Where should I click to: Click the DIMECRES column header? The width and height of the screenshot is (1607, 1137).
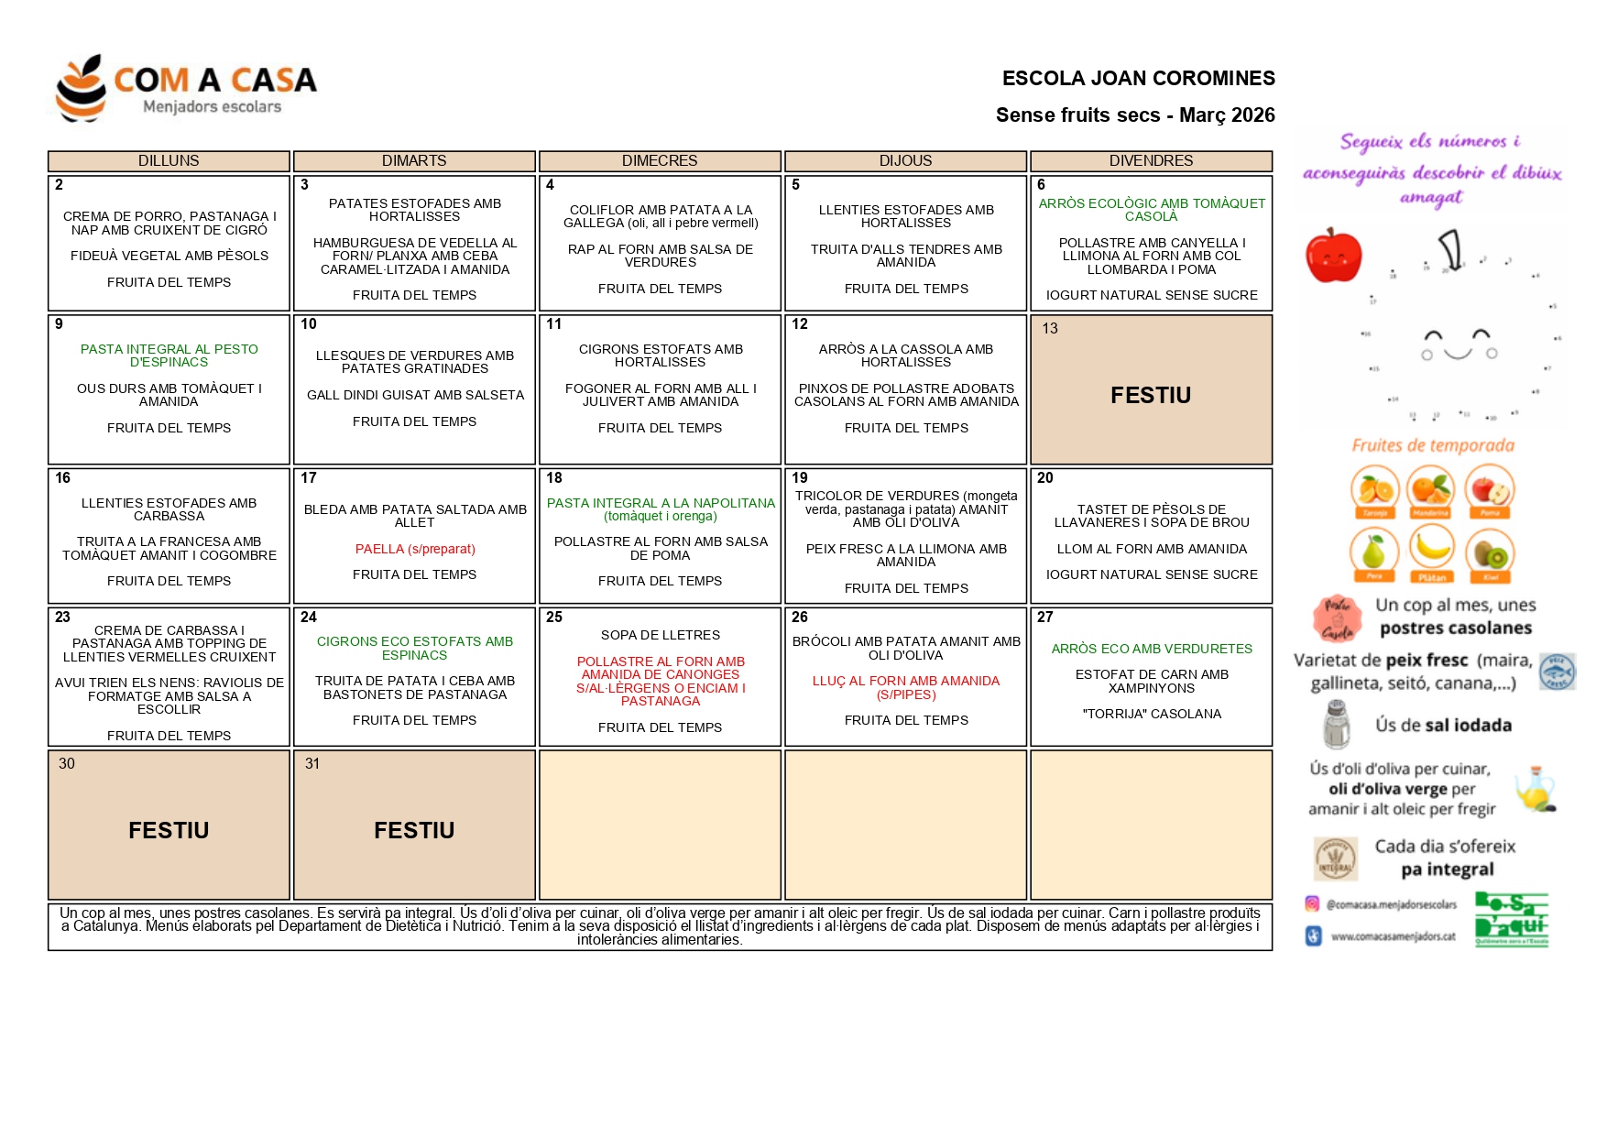(660, 160)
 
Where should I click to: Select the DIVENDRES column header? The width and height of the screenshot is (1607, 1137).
(1151, 160)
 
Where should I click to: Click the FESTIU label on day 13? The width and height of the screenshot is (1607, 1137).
(1151, 395)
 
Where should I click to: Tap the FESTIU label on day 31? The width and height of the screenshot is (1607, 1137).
(414, 830)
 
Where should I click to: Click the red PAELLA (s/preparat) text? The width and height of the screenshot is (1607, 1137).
(415, 549)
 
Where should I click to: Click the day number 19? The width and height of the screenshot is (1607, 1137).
(800, 477)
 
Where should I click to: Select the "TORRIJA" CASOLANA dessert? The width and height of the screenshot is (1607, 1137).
(1152, 714)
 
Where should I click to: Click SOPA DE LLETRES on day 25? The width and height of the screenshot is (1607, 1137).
(661, 635)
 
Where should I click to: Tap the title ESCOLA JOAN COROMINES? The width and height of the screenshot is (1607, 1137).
(1138, 79)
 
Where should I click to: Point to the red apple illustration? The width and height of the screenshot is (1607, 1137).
(1333, 256)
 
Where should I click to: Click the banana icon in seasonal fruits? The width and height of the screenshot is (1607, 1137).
(1431, 551)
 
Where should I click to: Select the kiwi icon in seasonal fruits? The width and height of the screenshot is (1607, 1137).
(1490, 552)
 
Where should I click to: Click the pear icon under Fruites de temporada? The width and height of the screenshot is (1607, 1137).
(1373, 552)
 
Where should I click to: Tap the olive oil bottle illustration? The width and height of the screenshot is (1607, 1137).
(1536, 789)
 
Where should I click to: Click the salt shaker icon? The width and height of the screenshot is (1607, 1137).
(1337, 725)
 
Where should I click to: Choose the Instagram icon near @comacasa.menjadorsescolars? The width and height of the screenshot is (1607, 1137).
(1312, 904)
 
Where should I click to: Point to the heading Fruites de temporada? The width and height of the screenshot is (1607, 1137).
(1433, 446)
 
